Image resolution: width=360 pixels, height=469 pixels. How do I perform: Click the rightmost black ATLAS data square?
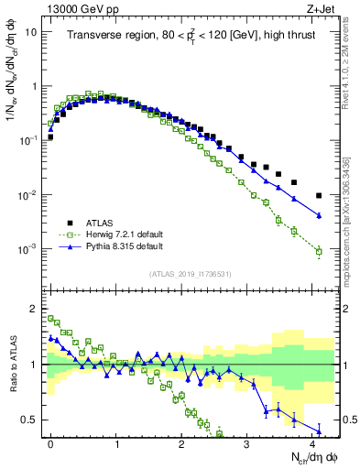point(318,195)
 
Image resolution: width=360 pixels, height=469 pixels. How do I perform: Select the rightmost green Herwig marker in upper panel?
point(318,251)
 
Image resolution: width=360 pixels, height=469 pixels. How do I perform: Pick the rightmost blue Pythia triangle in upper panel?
point(318,216)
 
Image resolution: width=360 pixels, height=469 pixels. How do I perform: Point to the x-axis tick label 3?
point(247,442)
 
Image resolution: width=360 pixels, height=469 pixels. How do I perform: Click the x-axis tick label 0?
point(50,442)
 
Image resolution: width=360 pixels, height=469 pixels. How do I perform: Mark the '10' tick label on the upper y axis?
point(30,32)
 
